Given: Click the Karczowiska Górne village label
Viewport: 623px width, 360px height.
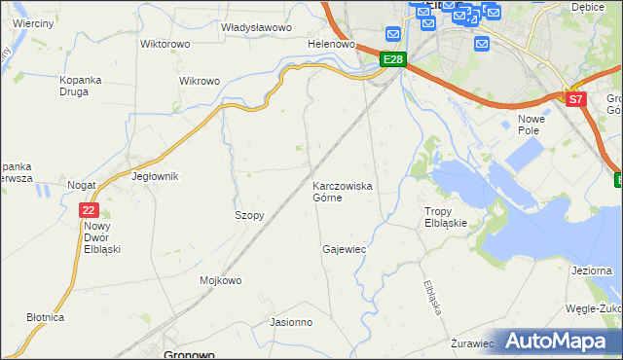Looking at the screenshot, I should click(x=341, y=191).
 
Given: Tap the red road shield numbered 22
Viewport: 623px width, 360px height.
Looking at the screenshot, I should click(x=90, y=209).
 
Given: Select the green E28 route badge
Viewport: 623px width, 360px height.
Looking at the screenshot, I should click(x=392, y=60).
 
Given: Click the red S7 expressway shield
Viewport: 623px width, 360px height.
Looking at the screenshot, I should click(x=576, y=99).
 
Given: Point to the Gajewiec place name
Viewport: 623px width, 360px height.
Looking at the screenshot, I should click(x=344, y=249).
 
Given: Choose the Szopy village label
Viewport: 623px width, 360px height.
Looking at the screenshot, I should click(x=249, y=215).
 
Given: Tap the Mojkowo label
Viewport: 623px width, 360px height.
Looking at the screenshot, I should click(x=220, y=280).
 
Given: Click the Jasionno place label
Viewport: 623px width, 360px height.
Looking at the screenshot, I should click(x=291, y=322).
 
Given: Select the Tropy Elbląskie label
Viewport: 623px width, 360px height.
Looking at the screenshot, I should click(x=447, y=216).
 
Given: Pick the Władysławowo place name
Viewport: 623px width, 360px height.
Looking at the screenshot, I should click(x=257, y=28).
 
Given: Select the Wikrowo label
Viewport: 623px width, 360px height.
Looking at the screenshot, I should click(x=200, y=81).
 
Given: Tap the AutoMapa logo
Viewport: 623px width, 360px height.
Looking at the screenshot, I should click(x=558, y=341).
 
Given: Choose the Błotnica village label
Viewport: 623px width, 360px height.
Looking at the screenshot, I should click(x=46, y=317).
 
